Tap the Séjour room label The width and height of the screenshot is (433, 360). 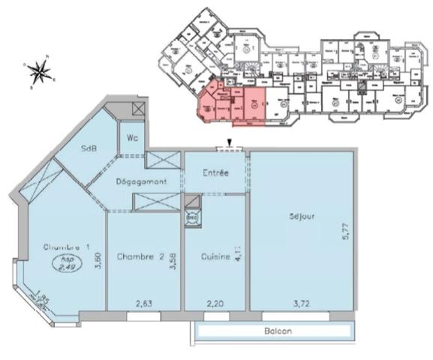[299, 217]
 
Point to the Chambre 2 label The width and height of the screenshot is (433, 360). [141, 256]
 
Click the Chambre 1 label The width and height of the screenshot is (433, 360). [67, 247]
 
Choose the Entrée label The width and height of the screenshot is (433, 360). [215, 173]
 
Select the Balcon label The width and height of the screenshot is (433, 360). [277, 331]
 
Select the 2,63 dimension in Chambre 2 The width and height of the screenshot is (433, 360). [145, 303]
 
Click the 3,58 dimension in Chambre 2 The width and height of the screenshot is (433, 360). [173, 262]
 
